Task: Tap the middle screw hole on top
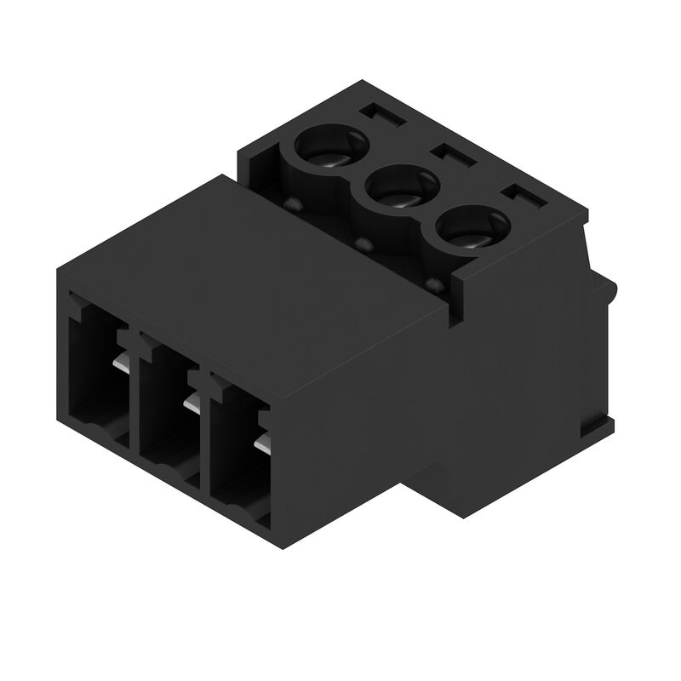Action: pos(397,189)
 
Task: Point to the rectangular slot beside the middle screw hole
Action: pos(452,157)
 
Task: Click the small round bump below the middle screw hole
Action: pos(364,244)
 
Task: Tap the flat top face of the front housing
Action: pos(255,255)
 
